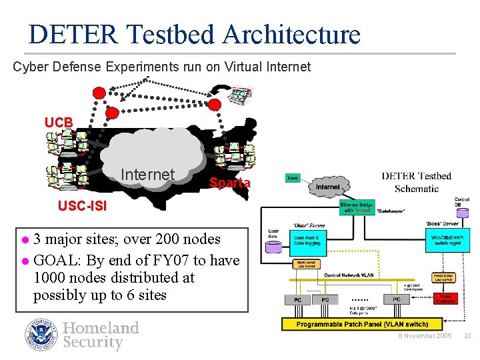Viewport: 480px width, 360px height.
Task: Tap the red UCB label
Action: [x=59, y=123]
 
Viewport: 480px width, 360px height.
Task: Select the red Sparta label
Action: [x=230, y=183]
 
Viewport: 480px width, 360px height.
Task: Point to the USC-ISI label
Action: [x=81, y=207]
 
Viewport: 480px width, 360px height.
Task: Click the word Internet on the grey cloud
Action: [x=147, y=175]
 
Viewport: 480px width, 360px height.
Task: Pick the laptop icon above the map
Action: [x=239, y=95]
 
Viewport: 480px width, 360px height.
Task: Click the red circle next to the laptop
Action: [x=215, y=104]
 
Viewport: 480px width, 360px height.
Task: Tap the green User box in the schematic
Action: [x=293, y=178]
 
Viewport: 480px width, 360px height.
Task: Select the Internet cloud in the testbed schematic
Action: [x=327, y=187]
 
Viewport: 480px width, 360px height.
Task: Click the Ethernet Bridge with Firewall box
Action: [x=357, y=207]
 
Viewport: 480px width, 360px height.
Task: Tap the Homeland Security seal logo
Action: [x=42, y=335]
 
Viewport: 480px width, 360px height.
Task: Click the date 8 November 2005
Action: [x=425, y=336]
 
